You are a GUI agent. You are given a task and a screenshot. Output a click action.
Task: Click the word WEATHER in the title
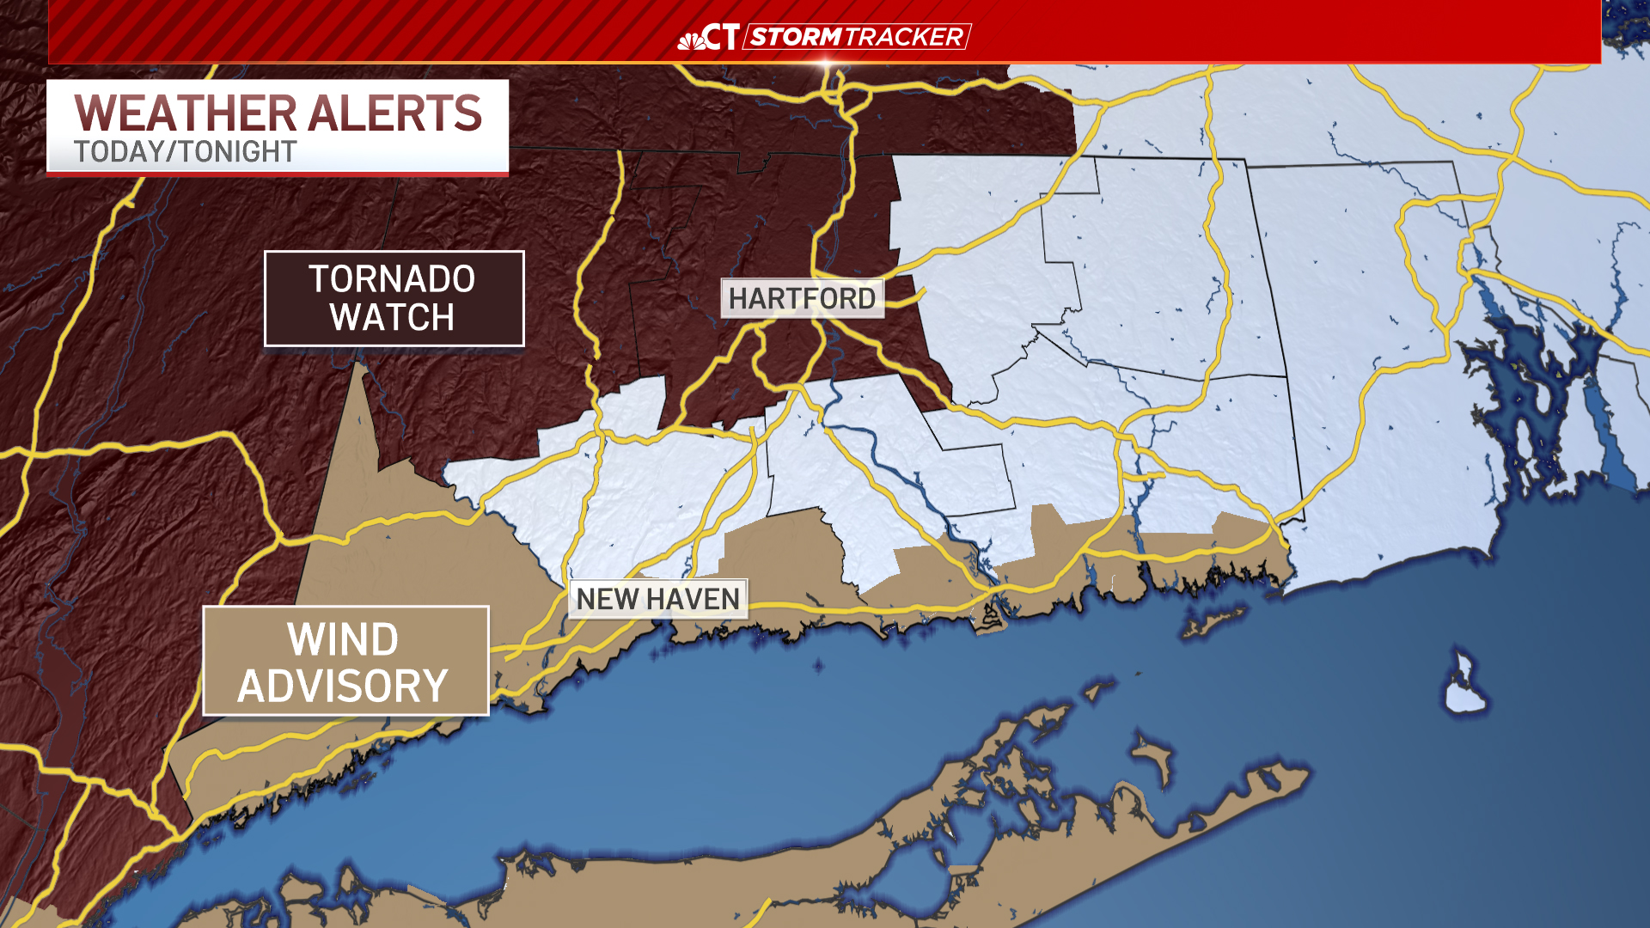tap(186, 113)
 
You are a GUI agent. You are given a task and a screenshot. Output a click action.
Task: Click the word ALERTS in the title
tap(395, 113)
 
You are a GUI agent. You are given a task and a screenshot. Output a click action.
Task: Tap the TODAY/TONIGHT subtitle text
tap(185, 152)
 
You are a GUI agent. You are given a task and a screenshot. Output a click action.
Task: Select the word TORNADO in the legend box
tap(392, 279)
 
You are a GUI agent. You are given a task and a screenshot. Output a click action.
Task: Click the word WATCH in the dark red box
tap(392, 318)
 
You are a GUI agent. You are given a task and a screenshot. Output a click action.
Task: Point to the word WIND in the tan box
tap(343, 640)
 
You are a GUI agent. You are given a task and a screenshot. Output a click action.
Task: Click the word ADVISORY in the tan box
tap(343, 687)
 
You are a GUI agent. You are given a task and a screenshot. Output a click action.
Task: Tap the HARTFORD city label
tap(802, 299)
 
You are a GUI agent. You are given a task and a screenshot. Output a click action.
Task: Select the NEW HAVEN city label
tap(657, 599)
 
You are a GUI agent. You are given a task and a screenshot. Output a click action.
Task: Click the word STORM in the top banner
tap(795, 37)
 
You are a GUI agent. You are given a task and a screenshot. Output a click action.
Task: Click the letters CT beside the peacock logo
tap(721, 37)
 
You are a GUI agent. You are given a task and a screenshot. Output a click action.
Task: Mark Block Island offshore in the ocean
tap(1464, 687)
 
